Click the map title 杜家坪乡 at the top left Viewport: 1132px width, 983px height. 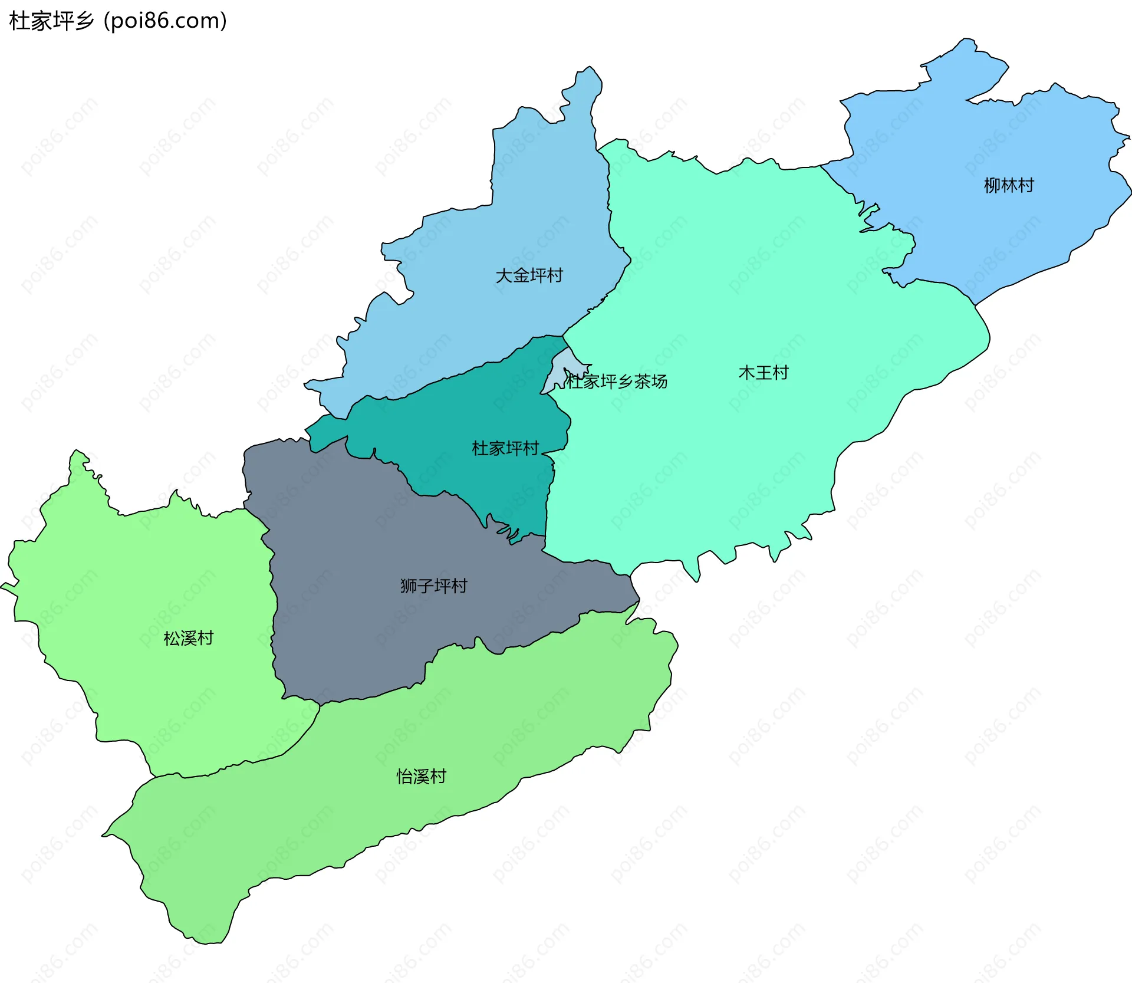pyautogui.click(x=51, y=21)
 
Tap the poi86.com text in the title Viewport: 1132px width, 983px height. pyautogui.click(x=165, y=21)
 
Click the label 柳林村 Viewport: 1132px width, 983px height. pyautogui.click(x=1009, y=186)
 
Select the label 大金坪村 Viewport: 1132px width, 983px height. pyautogui.click(x=529, y=275)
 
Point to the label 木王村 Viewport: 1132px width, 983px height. pyautogui.click(x=764, y=373)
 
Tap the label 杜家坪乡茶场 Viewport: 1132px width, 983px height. pyautogui.click(x=617, y=382)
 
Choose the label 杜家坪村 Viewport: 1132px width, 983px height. pyautogui.click(x=505, y=449)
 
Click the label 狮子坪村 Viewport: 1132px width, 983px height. pyautogui.click(x=433, y=586)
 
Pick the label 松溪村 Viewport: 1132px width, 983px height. pyautogui.click(x=188, y=638)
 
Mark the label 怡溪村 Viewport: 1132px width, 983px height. pyautogui.click(x=421, y=777)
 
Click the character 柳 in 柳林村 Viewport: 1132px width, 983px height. pyautogui.click(x=992, y=186)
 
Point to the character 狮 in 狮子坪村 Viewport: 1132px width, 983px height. pyautogui.click(x=409, y=586)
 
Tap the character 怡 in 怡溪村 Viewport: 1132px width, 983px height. pyautogui.click(x=404, y=777)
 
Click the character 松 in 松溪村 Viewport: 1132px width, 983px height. pyautogui.click(x=172, y=638)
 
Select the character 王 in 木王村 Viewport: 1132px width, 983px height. pyautogui.click(x=764, y=373)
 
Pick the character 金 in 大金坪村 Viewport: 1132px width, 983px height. pyautogui.click(x=521, y=275)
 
